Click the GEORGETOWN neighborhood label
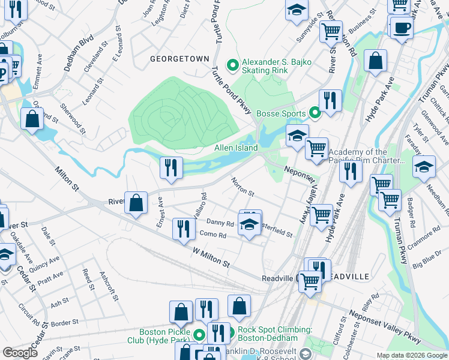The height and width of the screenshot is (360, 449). coord(179,59)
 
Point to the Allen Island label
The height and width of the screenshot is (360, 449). coord(237,148)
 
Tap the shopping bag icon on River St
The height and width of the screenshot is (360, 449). coord(136,203)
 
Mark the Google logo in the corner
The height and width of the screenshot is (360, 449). coord(20,353)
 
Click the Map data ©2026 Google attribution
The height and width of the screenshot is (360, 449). coord(412,355)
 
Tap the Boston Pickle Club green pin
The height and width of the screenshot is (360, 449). coord(199,333)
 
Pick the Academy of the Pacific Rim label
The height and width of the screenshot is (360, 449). coord(366,157)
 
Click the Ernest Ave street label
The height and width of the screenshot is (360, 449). coord(160,214)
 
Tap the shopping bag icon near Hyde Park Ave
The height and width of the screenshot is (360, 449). coord(375,61)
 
